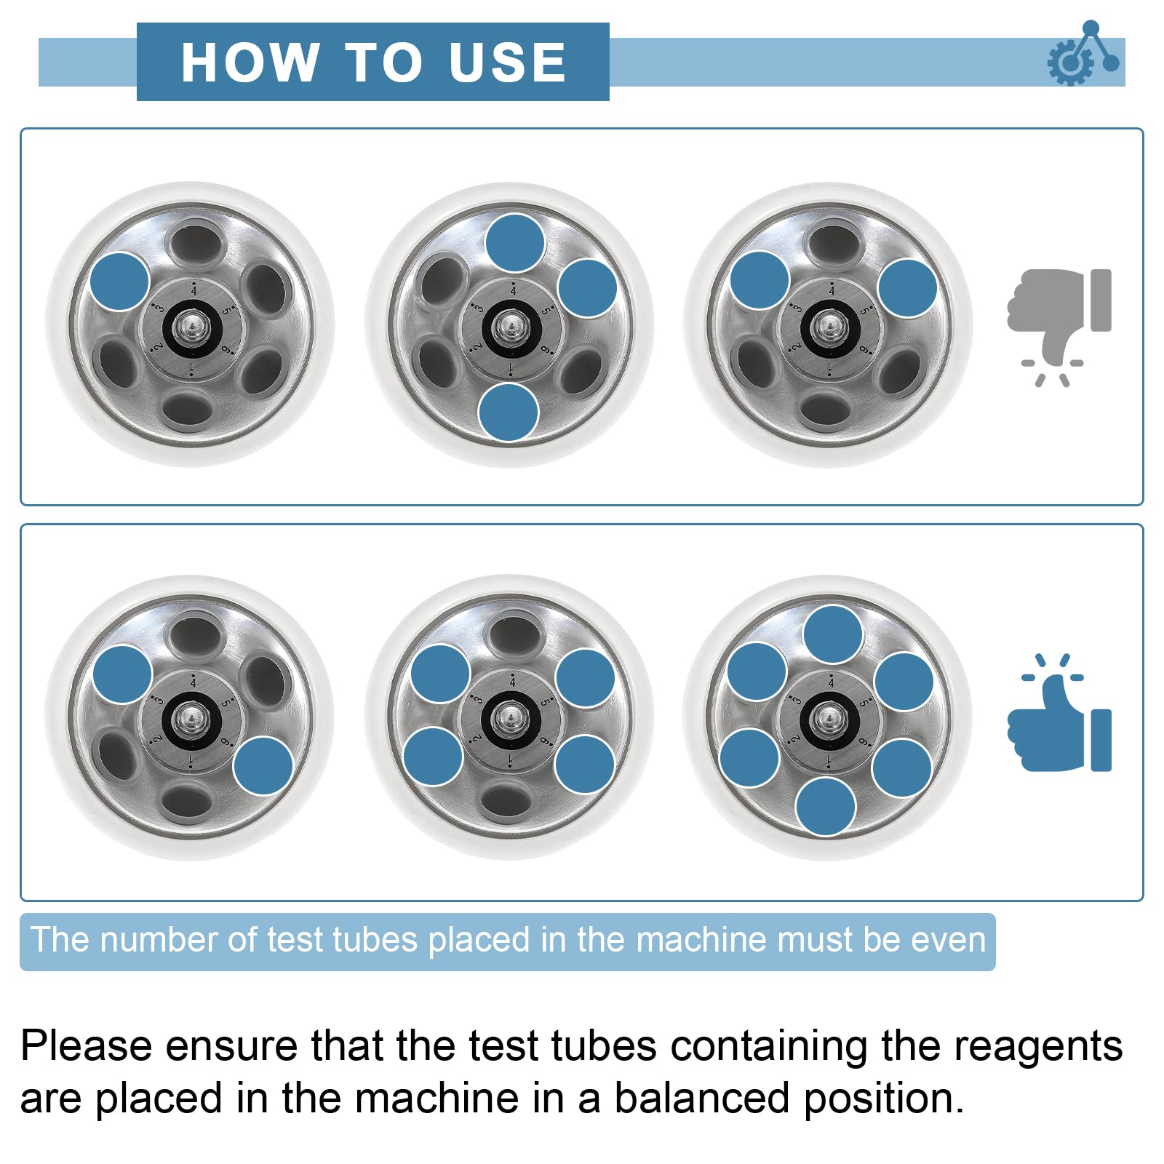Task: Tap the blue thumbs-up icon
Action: (x=1059, y=713)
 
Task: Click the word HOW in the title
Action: (x=250, y=62)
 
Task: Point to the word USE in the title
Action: (x=507, y=62)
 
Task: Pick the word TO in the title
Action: (x=383, y=62)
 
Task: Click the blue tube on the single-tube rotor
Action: (x=120, y=282)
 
